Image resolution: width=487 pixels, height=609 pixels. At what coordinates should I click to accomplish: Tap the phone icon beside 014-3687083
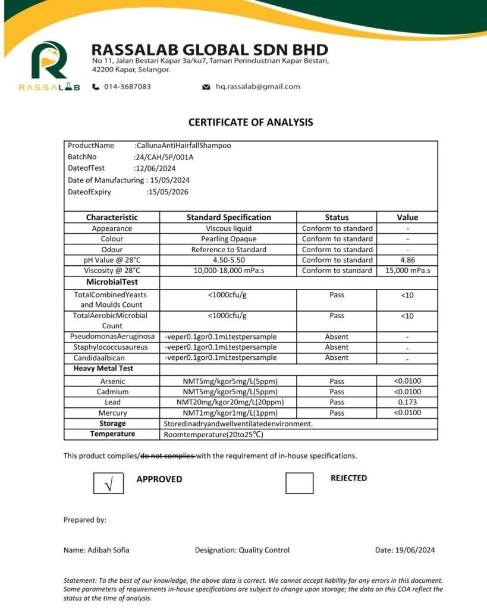click(96, 87)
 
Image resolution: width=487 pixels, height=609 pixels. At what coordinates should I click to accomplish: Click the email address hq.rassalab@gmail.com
click(257, 87)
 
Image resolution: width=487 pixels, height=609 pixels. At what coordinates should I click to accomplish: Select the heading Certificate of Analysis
click(250, 123)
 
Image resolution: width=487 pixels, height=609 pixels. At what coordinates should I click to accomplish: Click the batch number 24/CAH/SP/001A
click(165, 157)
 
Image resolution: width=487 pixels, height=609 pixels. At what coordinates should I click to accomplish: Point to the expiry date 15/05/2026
click(167, 192)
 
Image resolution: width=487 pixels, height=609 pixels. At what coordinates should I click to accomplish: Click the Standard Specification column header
click(228, 218)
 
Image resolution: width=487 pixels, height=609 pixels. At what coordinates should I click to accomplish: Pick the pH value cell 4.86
click(407, 260)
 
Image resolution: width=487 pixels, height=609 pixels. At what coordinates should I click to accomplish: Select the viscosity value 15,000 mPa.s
click(407, 271)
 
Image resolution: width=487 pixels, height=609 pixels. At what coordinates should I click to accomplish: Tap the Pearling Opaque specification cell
click(228, 239)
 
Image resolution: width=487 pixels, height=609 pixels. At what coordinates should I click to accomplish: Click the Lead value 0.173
click(407, 403)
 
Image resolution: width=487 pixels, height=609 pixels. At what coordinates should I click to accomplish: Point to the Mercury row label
click(112, 413)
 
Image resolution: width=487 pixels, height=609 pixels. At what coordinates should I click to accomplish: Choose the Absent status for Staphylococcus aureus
click(337, 347)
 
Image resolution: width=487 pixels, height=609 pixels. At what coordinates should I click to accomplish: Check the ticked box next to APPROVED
click(108, 483)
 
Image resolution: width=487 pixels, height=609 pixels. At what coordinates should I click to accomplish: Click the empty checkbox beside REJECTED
click(299, 482)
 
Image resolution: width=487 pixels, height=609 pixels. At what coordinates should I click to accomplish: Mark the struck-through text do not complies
click(168, 456)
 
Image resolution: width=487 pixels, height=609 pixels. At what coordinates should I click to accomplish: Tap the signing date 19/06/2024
click(415, 550)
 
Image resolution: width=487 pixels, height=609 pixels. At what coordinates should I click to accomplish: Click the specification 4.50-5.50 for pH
click(228, 260)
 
